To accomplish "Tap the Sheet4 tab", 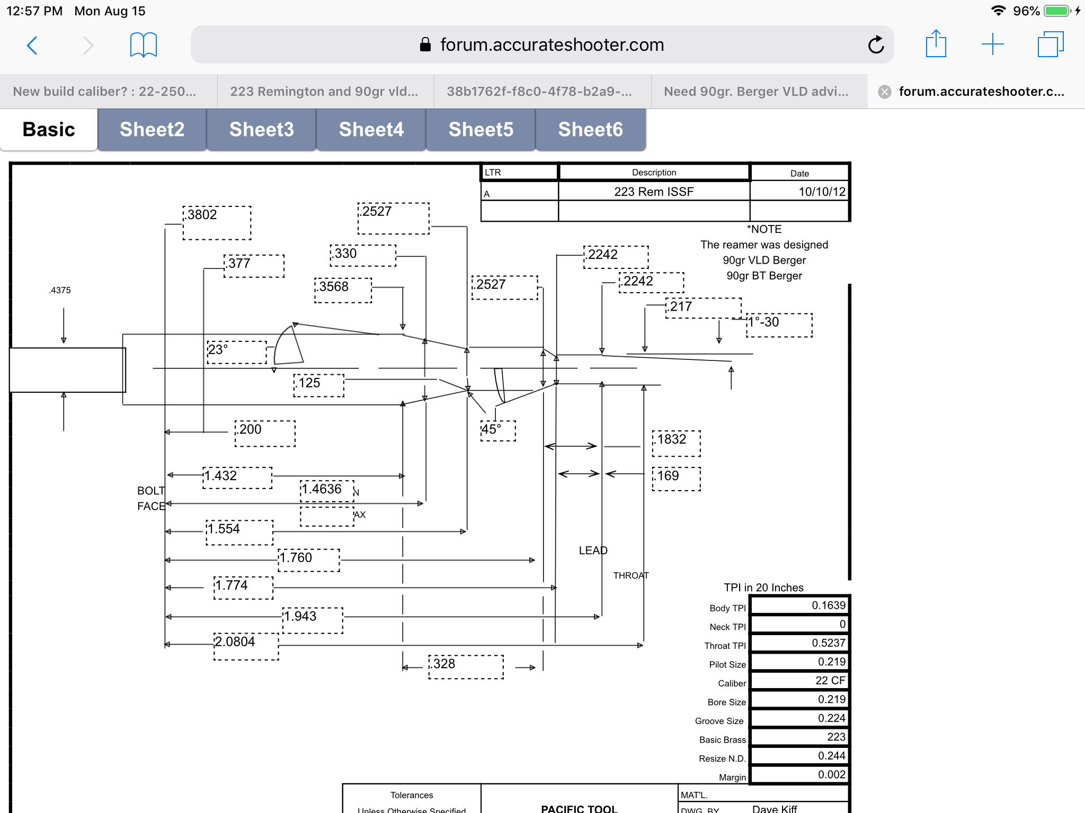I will point(371,130).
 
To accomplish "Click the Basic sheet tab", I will point(49,130).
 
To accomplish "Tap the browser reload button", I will point(876,45).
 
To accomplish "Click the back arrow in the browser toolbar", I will point(32,46).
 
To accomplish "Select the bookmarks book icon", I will point(143,45).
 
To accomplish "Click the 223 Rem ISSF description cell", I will point(654,192).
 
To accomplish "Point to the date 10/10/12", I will point(822,192).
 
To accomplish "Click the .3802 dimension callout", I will point(202,215).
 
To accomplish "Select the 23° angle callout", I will point(218,349).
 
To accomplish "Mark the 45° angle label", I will point(491,429).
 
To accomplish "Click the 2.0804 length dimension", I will point(235,642).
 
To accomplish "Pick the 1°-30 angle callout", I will point(763,322).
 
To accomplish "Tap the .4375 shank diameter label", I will point(60,290).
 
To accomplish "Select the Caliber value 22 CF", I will point(830,681).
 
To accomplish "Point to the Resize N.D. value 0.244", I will point(831,756).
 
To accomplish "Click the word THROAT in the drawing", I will point(630,575).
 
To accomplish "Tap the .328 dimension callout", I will point(443,664).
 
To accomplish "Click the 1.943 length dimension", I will point(300,617).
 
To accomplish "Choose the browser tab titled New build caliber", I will point(104,92).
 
